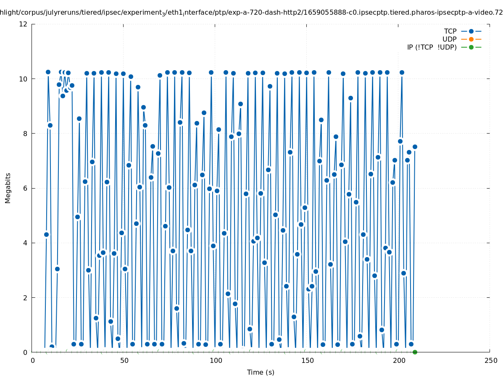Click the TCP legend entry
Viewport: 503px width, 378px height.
tap(450, 31)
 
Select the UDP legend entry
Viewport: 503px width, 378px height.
tap(449, 39)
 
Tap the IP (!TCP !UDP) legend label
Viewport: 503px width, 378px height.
tap(432, 47)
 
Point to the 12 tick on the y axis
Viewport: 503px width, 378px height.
tap(24, 24)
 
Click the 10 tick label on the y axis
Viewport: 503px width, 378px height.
tap(24, 79)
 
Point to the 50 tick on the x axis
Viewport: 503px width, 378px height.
tap(124, 360)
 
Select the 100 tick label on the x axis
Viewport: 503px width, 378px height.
tap(215, 360)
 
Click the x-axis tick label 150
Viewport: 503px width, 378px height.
tap(307, 360)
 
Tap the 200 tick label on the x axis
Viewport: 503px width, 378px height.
tap(398, 360)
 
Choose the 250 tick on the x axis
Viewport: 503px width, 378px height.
tap(490, 360)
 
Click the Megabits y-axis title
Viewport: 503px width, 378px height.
tap(8, 188)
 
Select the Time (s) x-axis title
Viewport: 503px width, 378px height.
tap(261, 372)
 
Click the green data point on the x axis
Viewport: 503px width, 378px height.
tap(415, 352)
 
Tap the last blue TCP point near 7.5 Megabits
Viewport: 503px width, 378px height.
tap(415, 147)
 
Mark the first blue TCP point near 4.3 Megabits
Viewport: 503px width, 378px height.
tap(46, 234)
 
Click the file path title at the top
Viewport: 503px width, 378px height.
tap(251, 13)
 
